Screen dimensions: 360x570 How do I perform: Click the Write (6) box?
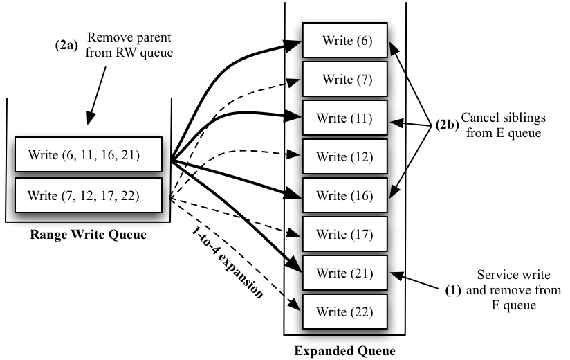(344, 41)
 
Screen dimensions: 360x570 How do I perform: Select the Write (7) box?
(344, 80)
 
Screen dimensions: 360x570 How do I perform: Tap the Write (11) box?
(344, 118)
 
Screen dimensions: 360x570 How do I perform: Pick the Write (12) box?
(344, 157)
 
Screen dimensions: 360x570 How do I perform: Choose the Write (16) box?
(344, 196)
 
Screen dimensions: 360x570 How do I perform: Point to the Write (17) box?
(344, 235)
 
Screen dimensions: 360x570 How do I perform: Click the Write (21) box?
(344, 273)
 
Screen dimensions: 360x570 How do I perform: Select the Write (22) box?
(344, 312)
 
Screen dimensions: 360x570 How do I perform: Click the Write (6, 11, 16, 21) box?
(87, 154)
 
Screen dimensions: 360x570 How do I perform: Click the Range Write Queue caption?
(88, 235)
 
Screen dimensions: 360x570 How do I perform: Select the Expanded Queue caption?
(344, 350)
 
